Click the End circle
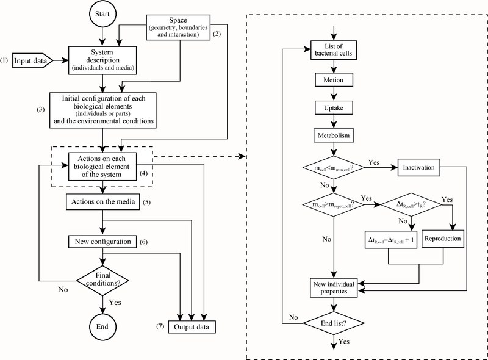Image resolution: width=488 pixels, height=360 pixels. coord(102,327)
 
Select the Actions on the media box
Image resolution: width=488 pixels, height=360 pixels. coord(102,202)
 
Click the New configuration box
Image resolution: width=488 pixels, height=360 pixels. coord(102,242)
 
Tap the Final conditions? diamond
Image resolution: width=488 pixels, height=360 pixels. coord(102,279)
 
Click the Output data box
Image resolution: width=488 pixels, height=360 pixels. coord(189,328)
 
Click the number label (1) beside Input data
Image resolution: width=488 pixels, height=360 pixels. coord(5,60)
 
